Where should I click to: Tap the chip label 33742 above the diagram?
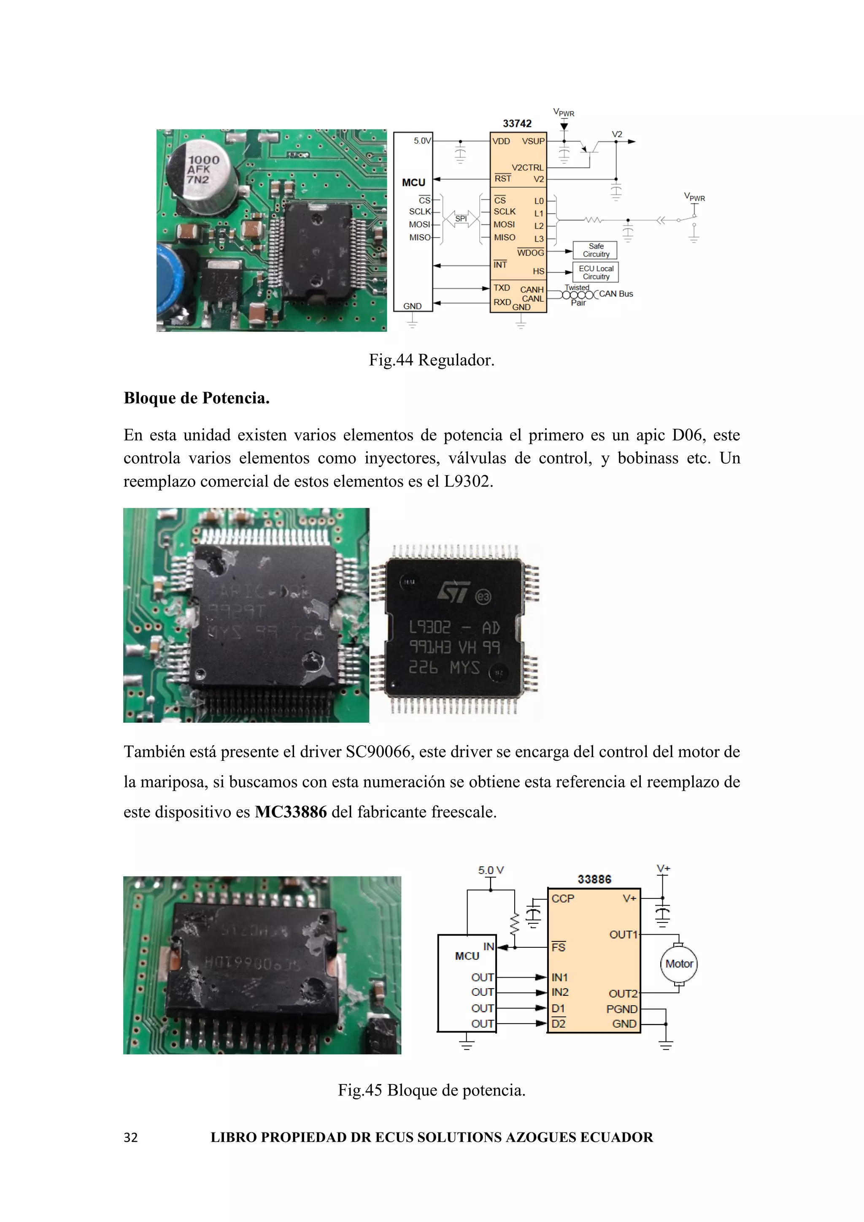click(517, 124)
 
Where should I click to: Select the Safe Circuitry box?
click(595, 250)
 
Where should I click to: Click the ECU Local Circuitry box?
click(595, 273)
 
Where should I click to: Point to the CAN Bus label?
click(616, 294)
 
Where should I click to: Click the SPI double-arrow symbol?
click(461, 219)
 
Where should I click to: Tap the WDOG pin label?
click(530, 253)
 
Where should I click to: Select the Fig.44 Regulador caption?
click(432, 360)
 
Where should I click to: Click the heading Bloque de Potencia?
click(196, 398)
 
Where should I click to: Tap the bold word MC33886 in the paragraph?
click(291, 812)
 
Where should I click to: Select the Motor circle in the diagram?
click(679, 964)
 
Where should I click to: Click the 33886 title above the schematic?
click(594, 879)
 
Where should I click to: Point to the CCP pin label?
click(562, 899)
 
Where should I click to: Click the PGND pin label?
click(621, 1009)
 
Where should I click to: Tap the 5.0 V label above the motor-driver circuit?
click(491, 870)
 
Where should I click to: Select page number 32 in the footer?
click(130, 1137)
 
